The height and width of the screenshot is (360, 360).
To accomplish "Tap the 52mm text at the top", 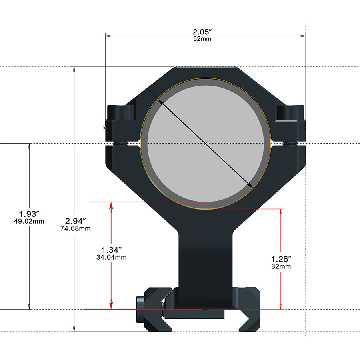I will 202,39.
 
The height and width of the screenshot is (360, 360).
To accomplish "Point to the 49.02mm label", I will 29,221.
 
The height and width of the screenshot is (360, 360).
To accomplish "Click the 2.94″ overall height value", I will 76,221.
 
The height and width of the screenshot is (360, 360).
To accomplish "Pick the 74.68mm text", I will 76,228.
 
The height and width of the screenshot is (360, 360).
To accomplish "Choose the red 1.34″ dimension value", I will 112,250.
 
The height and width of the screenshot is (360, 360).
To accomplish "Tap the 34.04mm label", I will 112,257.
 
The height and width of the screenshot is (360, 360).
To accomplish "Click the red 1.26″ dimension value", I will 281,259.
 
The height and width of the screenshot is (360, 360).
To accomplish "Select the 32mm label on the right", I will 281,266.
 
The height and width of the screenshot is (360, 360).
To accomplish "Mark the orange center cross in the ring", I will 205,143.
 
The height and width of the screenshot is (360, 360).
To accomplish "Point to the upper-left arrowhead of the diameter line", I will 160,102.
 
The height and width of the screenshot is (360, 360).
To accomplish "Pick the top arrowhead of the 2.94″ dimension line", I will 74,70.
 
